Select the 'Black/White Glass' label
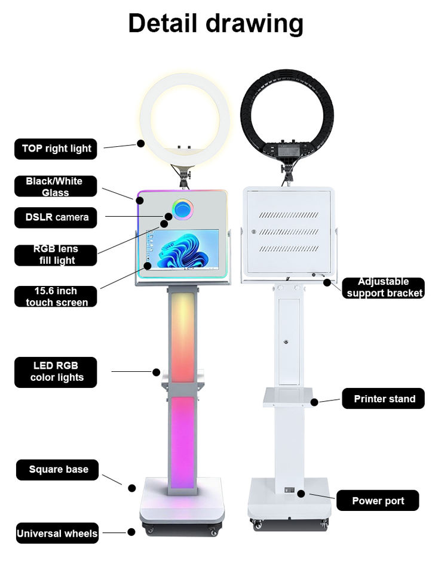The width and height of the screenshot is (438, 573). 55,186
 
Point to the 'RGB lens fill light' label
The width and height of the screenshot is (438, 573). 56,255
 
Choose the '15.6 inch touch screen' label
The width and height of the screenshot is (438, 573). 56,297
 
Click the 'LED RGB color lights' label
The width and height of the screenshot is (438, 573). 56,371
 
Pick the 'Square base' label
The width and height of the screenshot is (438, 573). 57,470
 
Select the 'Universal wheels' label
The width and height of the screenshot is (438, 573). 57,534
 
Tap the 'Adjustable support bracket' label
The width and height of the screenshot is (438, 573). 384,288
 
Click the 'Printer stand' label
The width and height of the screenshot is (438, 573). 383,399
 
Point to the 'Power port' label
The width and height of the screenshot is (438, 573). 378,501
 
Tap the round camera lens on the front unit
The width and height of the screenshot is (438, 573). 183,209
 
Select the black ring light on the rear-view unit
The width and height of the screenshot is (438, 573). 287,90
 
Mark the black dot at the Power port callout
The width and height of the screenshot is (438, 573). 302,494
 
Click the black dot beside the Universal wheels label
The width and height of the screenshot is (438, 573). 131,532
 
